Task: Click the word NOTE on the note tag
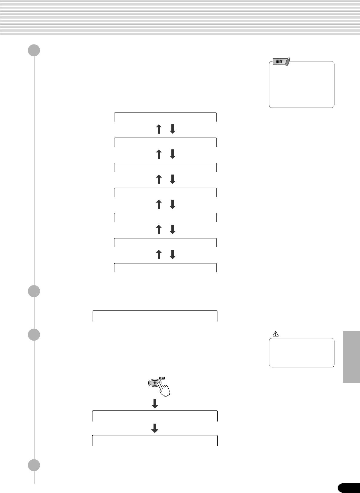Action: click(279, 62)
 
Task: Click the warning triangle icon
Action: click(275, 334)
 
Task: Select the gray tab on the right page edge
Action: click(351, 357)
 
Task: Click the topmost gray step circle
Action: click(34, 51)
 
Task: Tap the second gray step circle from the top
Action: click(34, 291)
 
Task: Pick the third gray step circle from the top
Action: click(34, 335)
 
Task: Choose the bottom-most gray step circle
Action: click(34, 465)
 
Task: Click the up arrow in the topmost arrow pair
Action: click(158, 129)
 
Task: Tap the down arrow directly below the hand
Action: click(155, 404)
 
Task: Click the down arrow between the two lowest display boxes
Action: click(155, 428)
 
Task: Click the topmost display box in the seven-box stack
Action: click(165, 117)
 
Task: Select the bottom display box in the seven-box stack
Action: click(165, 268)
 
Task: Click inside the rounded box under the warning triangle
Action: click(302, 353)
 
